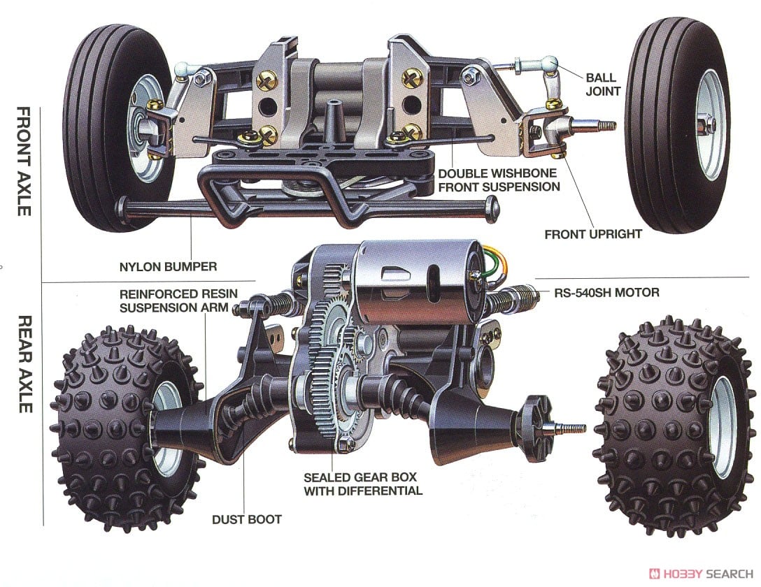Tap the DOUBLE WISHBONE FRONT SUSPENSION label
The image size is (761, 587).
coord(499,180)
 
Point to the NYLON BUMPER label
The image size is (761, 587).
coord(168,266)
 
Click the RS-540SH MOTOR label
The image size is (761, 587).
coord(606,292)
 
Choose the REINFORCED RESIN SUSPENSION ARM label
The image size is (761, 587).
coord(178,300)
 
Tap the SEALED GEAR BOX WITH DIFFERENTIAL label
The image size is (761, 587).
coord(362,484)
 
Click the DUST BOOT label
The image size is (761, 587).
coord(246,519)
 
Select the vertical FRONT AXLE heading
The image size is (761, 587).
coord(23,161)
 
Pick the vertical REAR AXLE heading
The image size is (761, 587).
coord(23,363)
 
